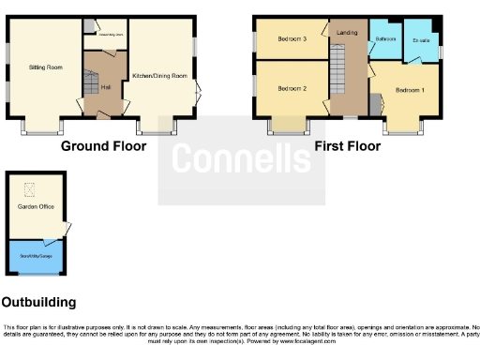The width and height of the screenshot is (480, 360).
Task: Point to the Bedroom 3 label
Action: pos(292,39)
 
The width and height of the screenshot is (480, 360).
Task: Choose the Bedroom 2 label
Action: pos(292,87)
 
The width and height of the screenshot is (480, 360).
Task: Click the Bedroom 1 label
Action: pos(410,90)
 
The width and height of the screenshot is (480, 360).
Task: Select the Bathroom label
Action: pos(385,39)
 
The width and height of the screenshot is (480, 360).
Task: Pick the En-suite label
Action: pos(420,40)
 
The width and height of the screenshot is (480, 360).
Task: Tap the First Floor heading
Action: pos(347,147)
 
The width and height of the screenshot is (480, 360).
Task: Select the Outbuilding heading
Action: pos(38,303)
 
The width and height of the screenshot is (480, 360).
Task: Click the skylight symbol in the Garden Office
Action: pos(28,188)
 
